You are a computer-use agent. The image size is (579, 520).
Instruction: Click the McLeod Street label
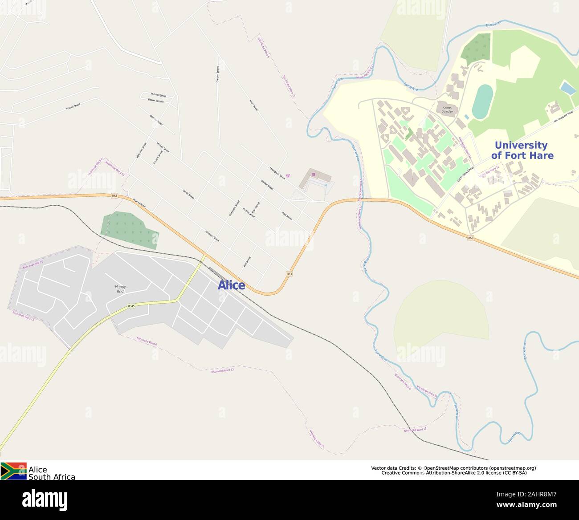(158, 95)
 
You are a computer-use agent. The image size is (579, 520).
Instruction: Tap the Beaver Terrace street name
(156, 101)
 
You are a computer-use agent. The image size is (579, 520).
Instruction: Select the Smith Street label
(188, 194)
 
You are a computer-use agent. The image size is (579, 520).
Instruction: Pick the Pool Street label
(287, 216)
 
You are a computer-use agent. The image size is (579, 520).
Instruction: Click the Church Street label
(158, 157)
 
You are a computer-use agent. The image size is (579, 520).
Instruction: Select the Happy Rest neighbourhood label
(120, 289)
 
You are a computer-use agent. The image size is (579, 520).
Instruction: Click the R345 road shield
(131, 306)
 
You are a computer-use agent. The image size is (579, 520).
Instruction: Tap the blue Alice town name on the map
(231, 285)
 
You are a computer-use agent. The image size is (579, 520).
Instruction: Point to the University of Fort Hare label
(522, 150)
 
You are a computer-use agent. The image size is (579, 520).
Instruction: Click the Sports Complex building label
(447, 109)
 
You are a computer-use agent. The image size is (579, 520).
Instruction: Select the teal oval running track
(482, 102)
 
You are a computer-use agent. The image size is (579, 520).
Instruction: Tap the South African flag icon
(13, 471)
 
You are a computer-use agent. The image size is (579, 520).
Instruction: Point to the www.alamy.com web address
(529, 505)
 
